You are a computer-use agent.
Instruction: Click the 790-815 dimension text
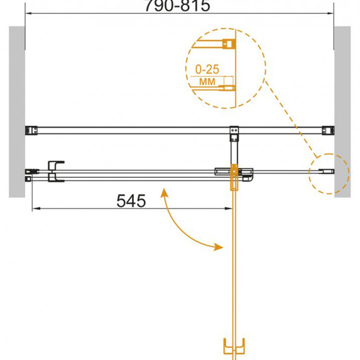177,5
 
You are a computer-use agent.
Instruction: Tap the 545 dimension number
131,201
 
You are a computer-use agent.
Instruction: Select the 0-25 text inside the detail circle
207,69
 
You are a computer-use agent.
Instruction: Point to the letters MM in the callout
207,82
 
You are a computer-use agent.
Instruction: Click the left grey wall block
17,112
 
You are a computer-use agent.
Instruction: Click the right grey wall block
342,112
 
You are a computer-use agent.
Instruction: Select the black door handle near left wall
55,171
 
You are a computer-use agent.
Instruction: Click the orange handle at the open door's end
234,348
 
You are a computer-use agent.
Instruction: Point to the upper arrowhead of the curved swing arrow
164,193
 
